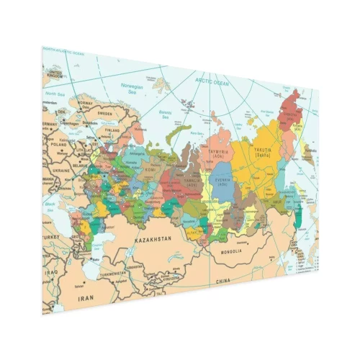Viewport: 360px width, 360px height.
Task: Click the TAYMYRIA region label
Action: (219, 153)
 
